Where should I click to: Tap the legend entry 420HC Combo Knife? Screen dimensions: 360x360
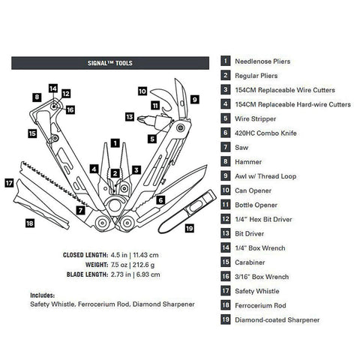(x=267, y=132)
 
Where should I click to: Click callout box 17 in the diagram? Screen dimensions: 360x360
(x=8, y=182)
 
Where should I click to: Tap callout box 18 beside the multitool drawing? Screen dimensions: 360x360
(x=29, y=223)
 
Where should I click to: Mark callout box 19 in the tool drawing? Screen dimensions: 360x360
(x=189, y=228)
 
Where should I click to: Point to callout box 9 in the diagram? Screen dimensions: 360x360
(x=193, y=97)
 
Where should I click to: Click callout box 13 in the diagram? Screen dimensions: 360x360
(x=130, y=117)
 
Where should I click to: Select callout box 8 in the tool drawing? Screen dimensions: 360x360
(x=37, y=97)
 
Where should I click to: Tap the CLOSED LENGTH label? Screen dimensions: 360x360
(x=85, y=254)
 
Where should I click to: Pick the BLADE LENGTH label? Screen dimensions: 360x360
(x=88, y=274)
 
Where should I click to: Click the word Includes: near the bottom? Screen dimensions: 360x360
(x=44, y=295)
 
